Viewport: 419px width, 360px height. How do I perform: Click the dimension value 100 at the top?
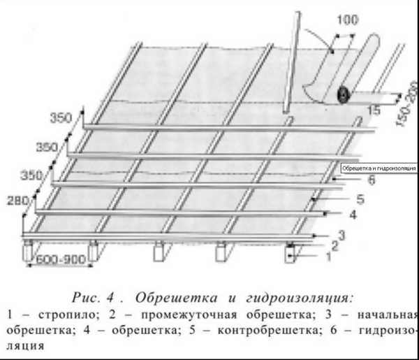347,20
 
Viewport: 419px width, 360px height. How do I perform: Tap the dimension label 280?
17,201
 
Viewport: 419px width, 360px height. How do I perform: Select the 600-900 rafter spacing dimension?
61,259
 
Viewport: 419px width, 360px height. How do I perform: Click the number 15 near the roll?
374,110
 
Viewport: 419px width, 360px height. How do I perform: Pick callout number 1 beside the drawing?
328,257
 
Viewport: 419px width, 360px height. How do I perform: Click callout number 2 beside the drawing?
335,246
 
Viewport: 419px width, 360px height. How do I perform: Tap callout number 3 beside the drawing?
341,235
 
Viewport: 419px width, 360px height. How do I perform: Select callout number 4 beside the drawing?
353,215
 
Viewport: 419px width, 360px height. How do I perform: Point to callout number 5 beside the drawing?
360,199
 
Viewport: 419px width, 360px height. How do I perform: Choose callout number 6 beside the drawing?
372,180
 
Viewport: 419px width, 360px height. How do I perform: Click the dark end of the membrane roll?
344,95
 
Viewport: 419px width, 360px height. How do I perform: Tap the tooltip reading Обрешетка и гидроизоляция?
379,168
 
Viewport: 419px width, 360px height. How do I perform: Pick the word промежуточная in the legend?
189,315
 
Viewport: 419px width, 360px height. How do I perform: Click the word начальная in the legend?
388,315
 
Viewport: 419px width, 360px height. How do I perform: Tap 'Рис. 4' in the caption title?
93,298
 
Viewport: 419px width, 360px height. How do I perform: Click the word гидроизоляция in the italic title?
300,298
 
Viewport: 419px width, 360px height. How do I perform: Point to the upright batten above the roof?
292,62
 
